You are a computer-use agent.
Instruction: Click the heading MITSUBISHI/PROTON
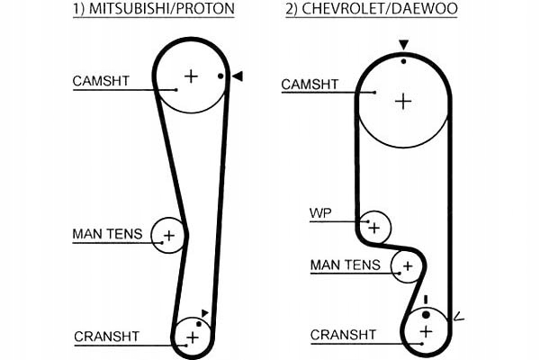162,8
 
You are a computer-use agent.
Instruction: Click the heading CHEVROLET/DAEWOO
380,9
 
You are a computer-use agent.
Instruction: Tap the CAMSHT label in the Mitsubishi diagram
101,81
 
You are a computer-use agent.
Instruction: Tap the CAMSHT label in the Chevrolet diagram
310,84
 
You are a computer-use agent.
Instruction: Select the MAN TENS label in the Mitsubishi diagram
107,234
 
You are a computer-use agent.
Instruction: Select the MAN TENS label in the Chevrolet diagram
346,265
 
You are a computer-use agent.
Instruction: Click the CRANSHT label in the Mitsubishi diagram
107,337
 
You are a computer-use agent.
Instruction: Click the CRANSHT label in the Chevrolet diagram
343,335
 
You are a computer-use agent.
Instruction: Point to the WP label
320,213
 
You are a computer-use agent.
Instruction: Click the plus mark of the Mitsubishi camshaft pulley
191,76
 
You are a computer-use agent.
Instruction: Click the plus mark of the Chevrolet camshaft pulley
403,102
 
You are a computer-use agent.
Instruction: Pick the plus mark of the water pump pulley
374,228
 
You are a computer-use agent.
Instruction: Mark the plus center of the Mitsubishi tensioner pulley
169,236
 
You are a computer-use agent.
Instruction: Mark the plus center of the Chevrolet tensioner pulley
408,266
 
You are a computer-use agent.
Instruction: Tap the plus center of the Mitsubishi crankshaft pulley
193,337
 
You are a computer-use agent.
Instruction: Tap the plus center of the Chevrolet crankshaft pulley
427,332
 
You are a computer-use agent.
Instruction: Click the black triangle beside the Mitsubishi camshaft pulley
238,76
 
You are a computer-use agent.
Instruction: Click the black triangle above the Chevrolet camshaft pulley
403,45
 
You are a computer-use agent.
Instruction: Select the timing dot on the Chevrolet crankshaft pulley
426,314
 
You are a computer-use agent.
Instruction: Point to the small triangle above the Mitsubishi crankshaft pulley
204,313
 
